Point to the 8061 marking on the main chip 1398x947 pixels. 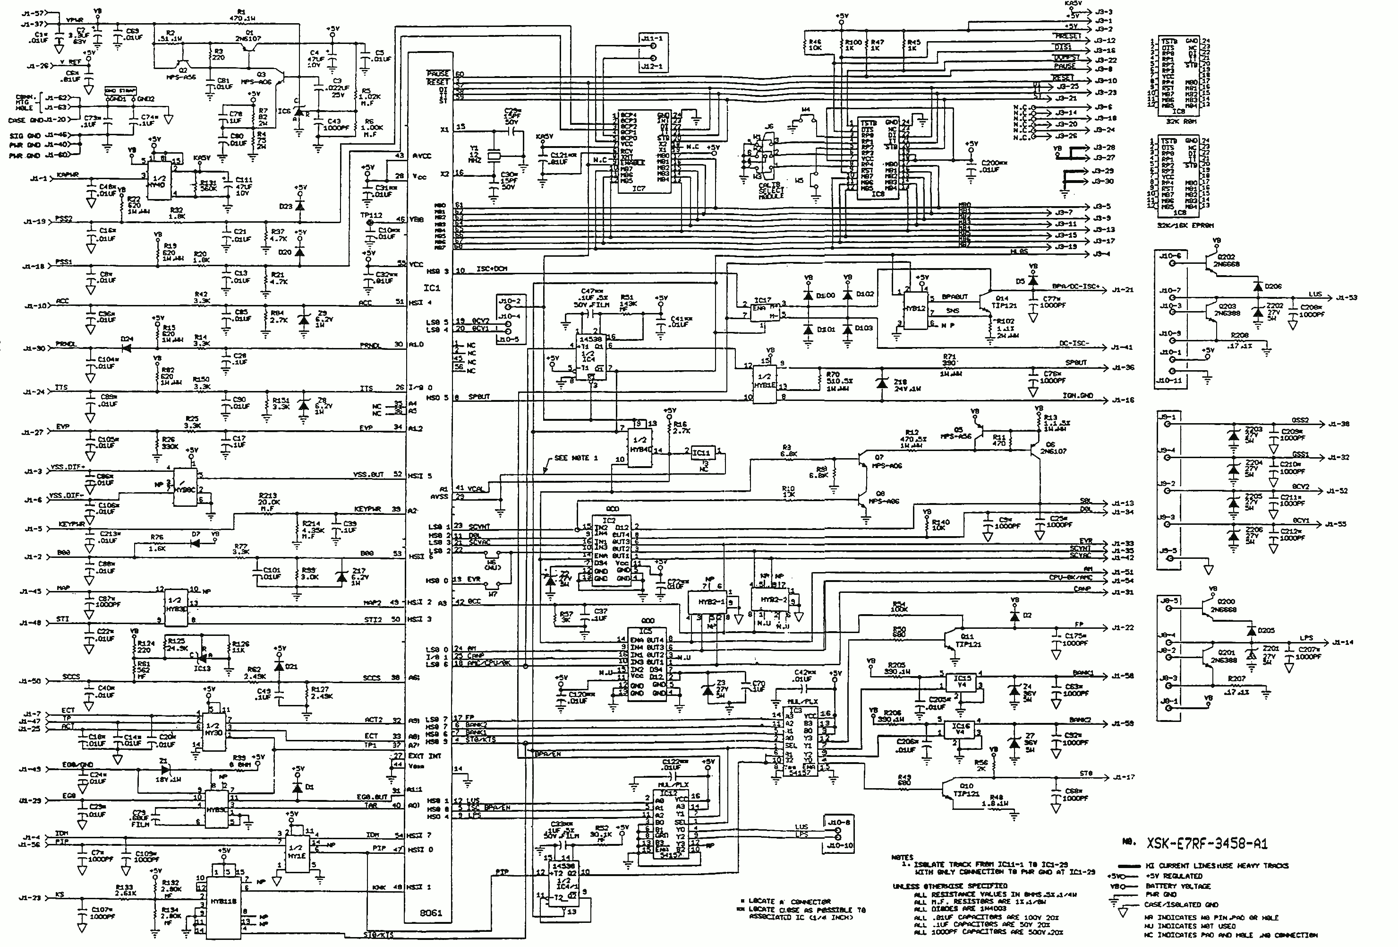tap(431, 912)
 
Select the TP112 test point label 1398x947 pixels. tap(371, 215)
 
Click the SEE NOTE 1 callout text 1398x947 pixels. tap(576, 458)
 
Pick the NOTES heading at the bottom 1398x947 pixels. tap(902, 857)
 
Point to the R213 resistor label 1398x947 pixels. tap(268, 495)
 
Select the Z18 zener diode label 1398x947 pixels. tap(900, 382)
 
